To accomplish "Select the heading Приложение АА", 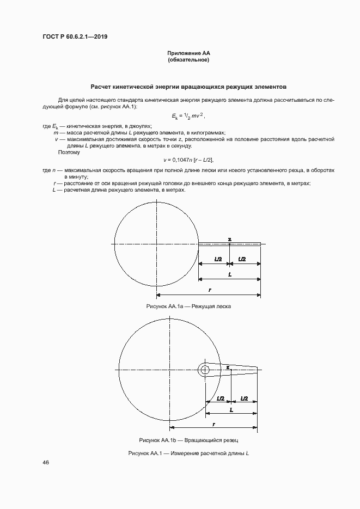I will click(x=188, y=53).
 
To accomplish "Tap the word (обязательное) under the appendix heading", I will click(x=188, y=60).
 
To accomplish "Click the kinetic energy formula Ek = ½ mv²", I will click(x=188, y=116).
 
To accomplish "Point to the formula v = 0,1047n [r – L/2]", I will click(x=188, y=160).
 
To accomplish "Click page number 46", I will click(x=46, y=462).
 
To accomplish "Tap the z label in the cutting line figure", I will click(x=229, y=238).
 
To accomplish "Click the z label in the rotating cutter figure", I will click(x=227, y=367).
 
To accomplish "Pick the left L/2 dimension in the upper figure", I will click(x=217, y=259).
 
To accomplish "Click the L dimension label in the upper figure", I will click(x=230, y=275).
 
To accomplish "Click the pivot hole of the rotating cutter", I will click(x=205, y=370).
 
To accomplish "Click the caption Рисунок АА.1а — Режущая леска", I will click(x=188, y=306).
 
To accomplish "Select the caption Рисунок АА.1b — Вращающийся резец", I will click(x=188, y=439).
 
